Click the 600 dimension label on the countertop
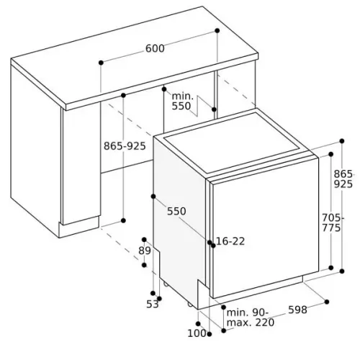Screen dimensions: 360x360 tap(155, 48)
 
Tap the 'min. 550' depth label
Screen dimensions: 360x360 tap(182, 102)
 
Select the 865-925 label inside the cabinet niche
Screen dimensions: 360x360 tap(125, 146)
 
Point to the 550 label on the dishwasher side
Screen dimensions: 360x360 tap(176, 211)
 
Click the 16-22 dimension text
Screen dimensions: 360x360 tap(230, 241)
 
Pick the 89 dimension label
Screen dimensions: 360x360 tap(145, 251)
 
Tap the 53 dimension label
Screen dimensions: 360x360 tap(153, 305)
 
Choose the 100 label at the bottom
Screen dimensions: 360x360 tap(197, 333)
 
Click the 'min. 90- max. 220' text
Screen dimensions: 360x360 tap(251, 318)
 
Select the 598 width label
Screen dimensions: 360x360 tap(297, 310)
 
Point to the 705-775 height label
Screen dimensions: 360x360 tap(333, 222)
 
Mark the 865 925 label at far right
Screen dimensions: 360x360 tap(343, 179)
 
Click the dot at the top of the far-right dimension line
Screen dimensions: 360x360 tap(342, 141)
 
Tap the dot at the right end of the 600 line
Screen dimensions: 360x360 tap(217, 30)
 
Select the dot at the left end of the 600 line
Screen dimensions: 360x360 tap(101, 63)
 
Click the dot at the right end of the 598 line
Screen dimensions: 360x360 tap(326, 302)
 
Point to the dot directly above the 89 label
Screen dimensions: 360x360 tap(144, 240)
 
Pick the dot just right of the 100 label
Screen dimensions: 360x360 tap(210, 334)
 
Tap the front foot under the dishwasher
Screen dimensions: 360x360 tap(190, 305)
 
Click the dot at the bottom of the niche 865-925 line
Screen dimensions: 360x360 tap(123, 220)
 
